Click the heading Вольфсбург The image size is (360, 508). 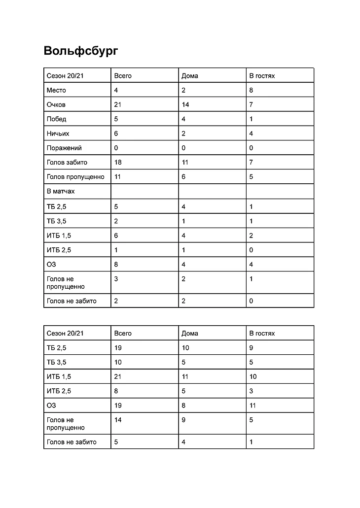pyautogui.click(x=81, y=51)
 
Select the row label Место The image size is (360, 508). pyautogui.click(x=56, y=90)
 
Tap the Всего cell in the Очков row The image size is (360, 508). pyautogui.click(x=117, y=104)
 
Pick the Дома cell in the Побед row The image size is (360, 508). pyautogui.click(x=183, y=119)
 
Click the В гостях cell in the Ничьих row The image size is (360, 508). pyautogui.click(x=251, y=134)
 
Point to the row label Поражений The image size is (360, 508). pyautogui.click(x=64, y=148)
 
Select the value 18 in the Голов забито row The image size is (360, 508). pyautogui.click(x=117, y=162)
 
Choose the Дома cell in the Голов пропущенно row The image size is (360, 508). pyautogui.click(x=183, y=176)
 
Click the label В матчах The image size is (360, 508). pyautogui.click(x=61, y=191)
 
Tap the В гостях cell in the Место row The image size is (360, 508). pyautogui.click(x=251, y=90)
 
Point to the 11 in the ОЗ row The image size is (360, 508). pyautogui.click(x=252, y=406)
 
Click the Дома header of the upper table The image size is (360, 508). pyautogui.click(x=190, y=76)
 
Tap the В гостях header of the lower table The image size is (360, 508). pyautogui.click(x=262, y=333)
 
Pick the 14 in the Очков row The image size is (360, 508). pyautogui.click(x=185, y=104)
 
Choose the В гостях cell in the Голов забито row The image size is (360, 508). pyautogui.click(x=251, y=162)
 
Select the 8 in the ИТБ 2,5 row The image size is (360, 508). pyautogui.click(x=116, y=391)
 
